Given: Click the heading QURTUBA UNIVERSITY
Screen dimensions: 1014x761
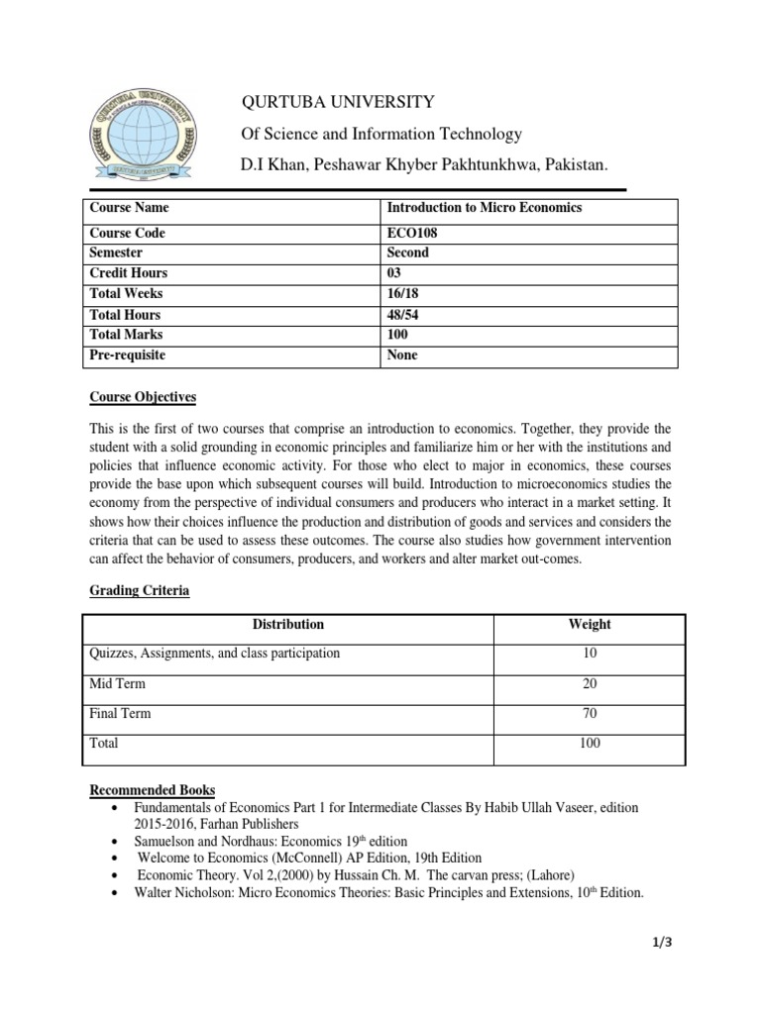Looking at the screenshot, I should coord(339,101).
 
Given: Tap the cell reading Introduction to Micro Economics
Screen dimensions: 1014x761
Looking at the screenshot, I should coord(484,208).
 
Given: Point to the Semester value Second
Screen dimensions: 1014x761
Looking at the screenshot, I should coord(407,253).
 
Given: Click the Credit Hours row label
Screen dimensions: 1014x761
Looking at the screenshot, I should coord(129,273).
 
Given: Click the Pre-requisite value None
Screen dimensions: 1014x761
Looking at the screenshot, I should coord(402,355).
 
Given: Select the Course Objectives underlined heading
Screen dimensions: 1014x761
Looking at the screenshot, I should coord(143,398).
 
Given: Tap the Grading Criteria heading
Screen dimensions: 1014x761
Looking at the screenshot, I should coord(139,591).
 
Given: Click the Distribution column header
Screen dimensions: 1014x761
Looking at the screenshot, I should coord(287,625).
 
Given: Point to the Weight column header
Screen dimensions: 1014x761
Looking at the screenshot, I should coord(590,625).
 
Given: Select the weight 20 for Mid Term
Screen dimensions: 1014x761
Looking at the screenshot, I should coord(590,683).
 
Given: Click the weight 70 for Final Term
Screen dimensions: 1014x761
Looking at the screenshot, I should coord(590,713).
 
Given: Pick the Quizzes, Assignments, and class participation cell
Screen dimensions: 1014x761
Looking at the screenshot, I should coord(214,654).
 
